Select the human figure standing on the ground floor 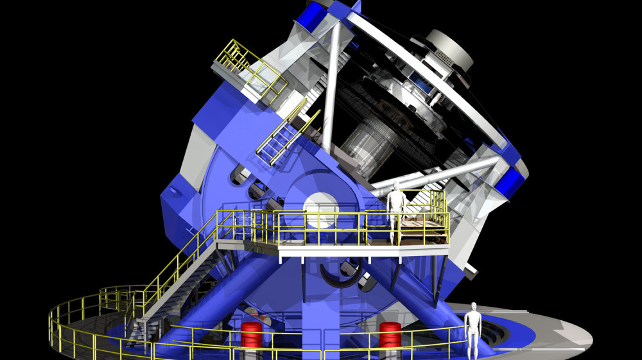(x=473, y=330)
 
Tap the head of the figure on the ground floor (x=474, y=306)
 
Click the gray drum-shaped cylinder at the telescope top (x=449, y=49)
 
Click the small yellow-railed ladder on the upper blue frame (x=277, y=138)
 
